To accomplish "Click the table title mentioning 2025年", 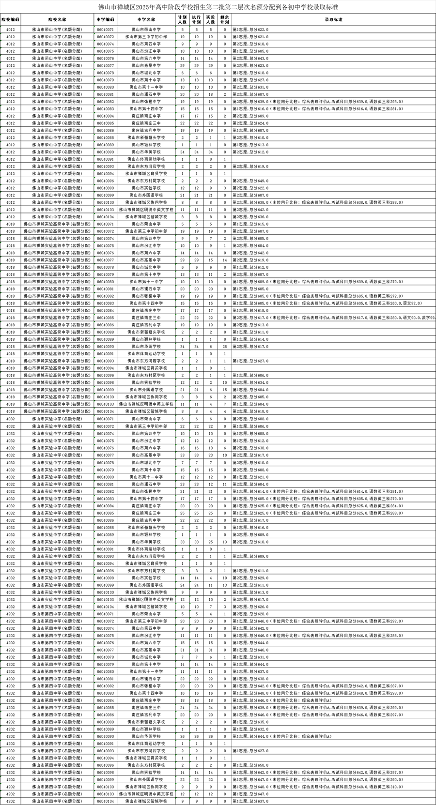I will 218,7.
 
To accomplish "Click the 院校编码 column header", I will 11,20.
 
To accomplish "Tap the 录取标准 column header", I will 333,20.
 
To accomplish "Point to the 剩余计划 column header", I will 225,20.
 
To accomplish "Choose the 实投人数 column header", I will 211,20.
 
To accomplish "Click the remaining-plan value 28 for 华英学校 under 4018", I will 225,347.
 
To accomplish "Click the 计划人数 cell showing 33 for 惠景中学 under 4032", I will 182,455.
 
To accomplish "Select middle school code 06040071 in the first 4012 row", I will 105,30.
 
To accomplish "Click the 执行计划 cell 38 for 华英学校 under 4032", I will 196,542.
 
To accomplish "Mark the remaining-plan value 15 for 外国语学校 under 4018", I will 225,390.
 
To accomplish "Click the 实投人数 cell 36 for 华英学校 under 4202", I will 211,736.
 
